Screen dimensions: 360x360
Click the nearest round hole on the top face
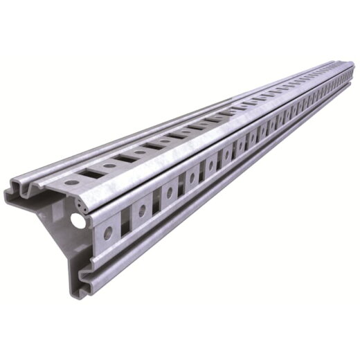pyautogui.click(x=72, y=182)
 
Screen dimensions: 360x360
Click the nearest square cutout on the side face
pyautogui.click(x=125, y=221)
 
